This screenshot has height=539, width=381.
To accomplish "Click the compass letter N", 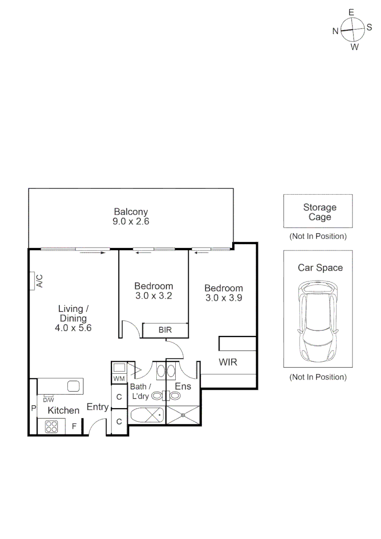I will tap(336, 31).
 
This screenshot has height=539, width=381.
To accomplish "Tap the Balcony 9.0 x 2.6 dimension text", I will tap(131, 221).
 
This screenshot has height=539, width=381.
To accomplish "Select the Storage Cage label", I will tap(320, 212).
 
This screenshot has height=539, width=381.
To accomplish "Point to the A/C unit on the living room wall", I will tap(38, 281).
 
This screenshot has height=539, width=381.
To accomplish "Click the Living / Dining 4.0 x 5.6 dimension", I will tap(73, 328).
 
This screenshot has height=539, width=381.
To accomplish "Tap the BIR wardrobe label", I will tap(165, 330).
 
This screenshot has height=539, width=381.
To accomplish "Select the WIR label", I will tap(228, 362).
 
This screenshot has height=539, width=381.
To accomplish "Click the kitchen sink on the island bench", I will tap(73, 386).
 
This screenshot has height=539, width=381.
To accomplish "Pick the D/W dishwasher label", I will tap(48, 400).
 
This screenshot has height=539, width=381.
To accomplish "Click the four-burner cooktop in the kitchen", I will tap(52, 426).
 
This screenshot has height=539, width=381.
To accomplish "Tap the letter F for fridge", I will tap(74, 426).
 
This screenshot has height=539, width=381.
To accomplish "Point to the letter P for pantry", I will tap(33, 409).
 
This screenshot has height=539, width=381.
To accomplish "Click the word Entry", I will tap(98, 407).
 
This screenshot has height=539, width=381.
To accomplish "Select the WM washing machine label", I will tap(118, 379).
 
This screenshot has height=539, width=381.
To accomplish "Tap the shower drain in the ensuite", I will tap(183, 414).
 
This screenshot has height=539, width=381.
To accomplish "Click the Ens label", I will tap(183, 386).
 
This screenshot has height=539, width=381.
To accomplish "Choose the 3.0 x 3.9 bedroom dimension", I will tap(224, 298).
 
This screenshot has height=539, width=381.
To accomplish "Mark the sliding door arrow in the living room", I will tap(92, 253).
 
